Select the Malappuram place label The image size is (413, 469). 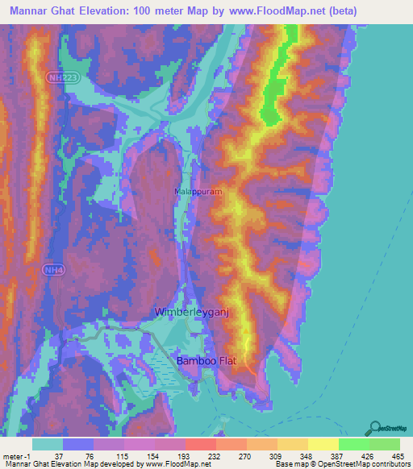click(198, 193)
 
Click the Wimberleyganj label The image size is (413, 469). click(198, 311)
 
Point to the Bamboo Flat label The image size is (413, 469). click(208, 363)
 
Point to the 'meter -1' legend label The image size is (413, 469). click(18, 456)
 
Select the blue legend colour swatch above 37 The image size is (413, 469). click(78, 444)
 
